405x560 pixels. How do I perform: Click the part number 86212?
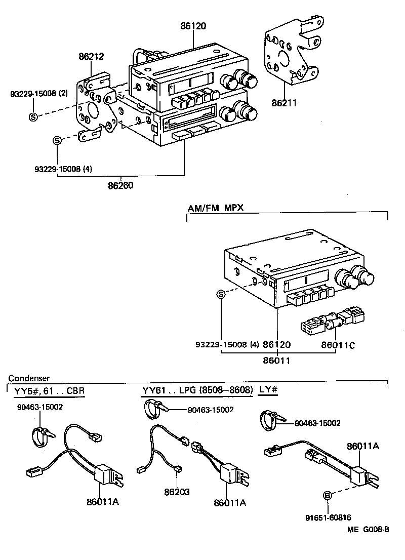(x=92, y=57)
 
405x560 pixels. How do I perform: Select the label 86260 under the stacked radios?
(x=120, y=185)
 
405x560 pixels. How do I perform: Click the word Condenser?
(x=28, y=378)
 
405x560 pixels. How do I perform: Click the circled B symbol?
(x=328, y=495)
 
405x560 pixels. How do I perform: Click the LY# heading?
(x=269, y=390)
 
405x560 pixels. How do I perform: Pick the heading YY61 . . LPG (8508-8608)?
(x=197, y=390)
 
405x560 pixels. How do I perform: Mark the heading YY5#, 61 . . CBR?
(x=50, y=391)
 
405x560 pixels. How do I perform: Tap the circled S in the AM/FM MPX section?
(x=221, y=295)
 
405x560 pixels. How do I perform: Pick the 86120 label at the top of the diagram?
(x=193, y=26)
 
